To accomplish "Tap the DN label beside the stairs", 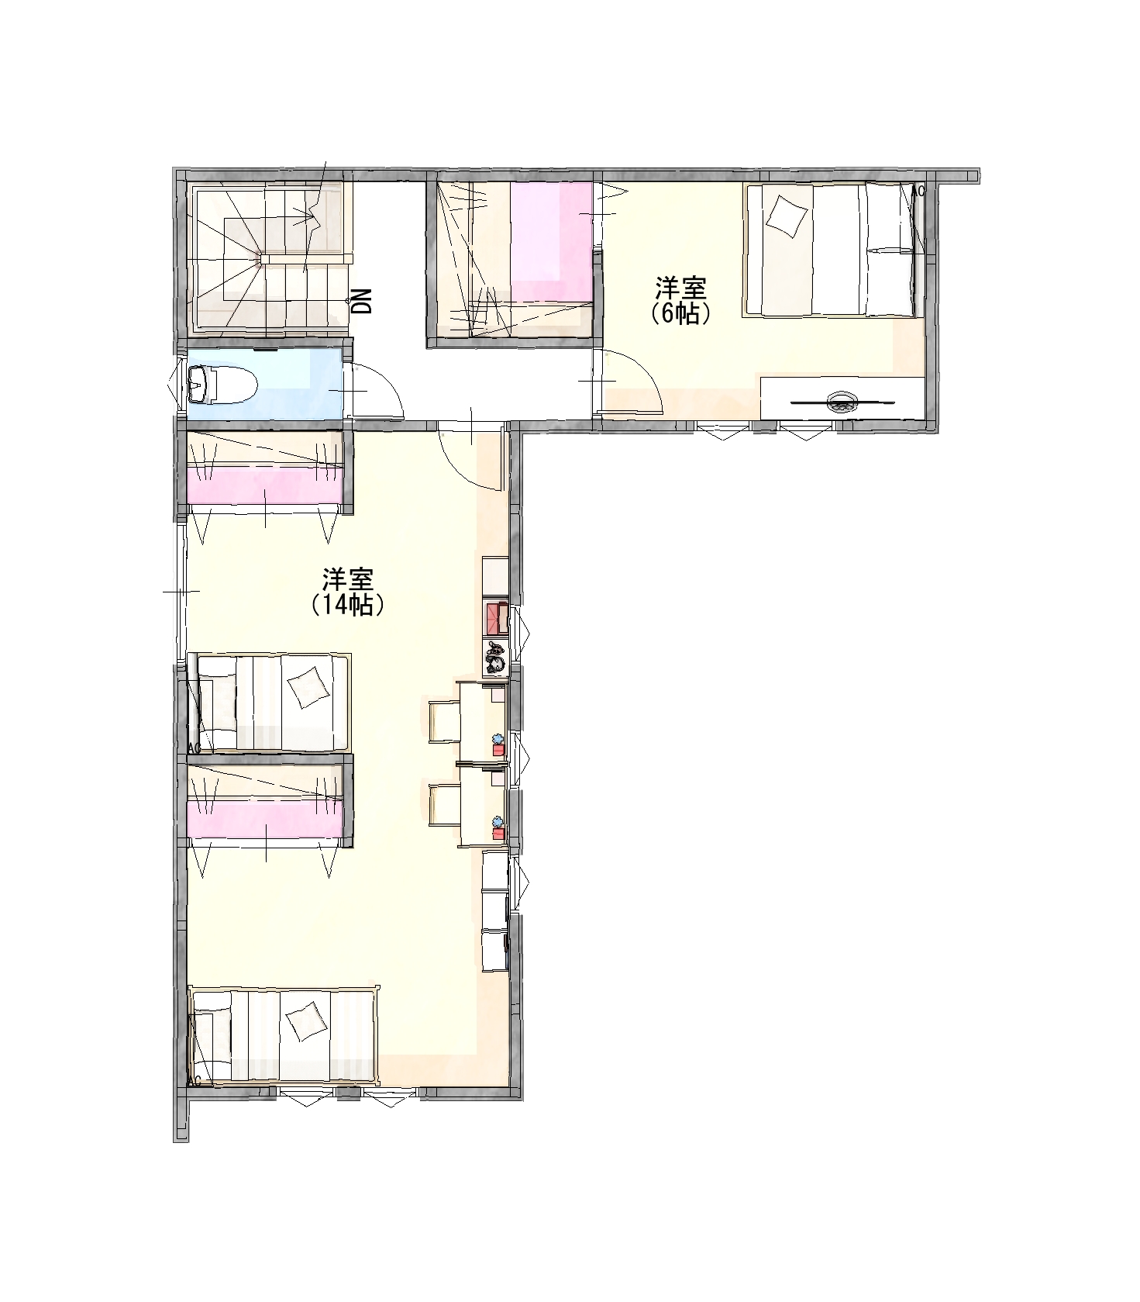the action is [362, 301].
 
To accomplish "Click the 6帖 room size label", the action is [681, 314].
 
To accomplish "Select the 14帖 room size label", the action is [348, 604].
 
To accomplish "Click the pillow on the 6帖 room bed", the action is [787, 215].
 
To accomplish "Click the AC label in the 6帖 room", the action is [918, 191].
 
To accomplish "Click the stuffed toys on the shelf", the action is [496, 658].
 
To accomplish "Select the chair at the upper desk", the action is [445, 721].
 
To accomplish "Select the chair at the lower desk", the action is [445, 806].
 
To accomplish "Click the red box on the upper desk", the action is [498, 749].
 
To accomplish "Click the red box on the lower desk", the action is [498, 834].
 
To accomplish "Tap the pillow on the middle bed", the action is [307, 687].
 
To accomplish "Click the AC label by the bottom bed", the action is [195, 1080].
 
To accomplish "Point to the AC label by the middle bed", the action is [195, 748].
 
